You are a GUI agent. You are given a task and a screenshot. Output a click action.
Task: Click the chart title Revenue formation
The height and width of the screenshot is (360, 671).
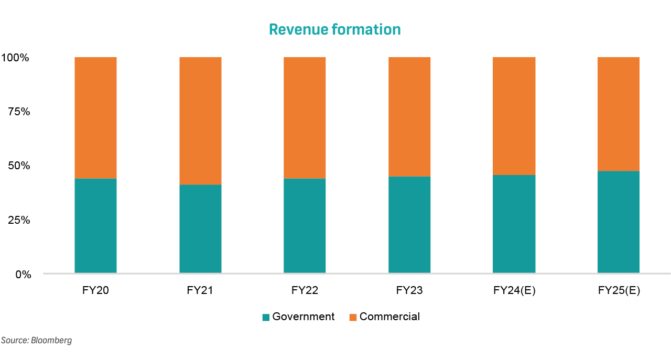click(x=334, y=29)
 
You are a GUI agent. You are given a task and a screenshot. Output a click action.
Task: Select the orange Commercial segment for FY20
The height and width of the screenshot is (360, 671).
click(x=95, y=117)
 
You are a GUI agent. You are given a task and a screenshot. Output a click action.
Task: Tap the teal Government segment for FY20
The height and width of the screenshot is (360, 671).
click(x=95, y=225)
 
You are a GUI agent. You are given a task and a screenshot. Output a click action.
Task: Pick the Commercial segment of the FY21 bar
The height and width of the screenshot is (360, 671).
click(x=200, y=121)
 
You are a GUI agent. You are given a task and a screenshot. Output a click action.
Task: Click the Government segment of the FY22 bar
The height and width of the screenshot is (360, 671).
click(x=305, y=225)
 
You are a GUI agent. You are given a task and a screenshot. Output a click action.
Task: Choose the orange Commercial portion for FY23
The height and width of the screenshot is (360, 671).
click(x=409, y=116)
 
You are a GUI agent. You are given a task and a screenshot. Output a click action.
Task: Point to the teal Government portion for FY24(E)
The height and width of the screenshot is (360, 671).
click(x=514, y=224)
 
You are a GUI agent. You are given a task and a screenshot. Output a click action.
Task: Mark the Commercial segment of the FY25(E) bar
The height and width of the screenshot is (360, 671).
click(x=619, y=114)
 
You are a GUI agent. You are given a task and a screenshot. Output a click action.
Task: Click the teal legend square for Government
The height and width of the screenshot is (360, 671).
click(x=266, y=317)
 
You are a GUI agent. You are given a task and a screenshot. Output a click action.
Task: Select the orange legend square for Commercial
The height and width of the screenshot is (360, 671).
click(x=353, y=317)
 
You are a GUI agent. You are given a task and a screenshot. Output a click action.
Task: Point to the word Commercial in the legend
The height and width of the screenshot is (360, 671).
click(x=389, y=317)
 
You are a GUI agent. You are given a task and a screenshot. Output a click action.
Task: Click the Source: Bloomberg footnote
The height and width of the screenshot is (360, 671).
click(x=36, y=341)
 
